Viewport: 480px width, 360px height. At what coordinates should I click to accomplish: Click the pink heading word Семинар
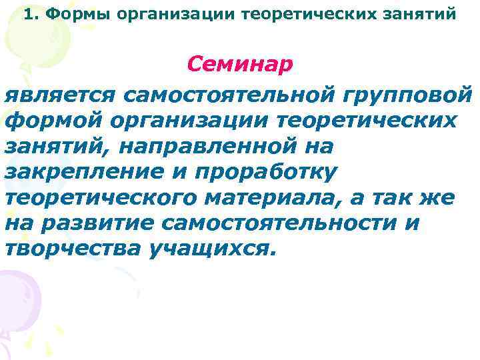(x=239, y=65)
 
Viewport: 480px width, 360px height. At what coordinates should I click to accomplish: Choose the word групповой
(x=407, y=94)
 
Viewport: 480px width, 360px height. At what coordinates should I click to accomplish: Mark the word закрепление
(x=81, y=171)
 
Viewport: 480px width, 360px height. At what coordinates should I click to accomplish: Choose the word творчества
(x=64, y=248)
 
